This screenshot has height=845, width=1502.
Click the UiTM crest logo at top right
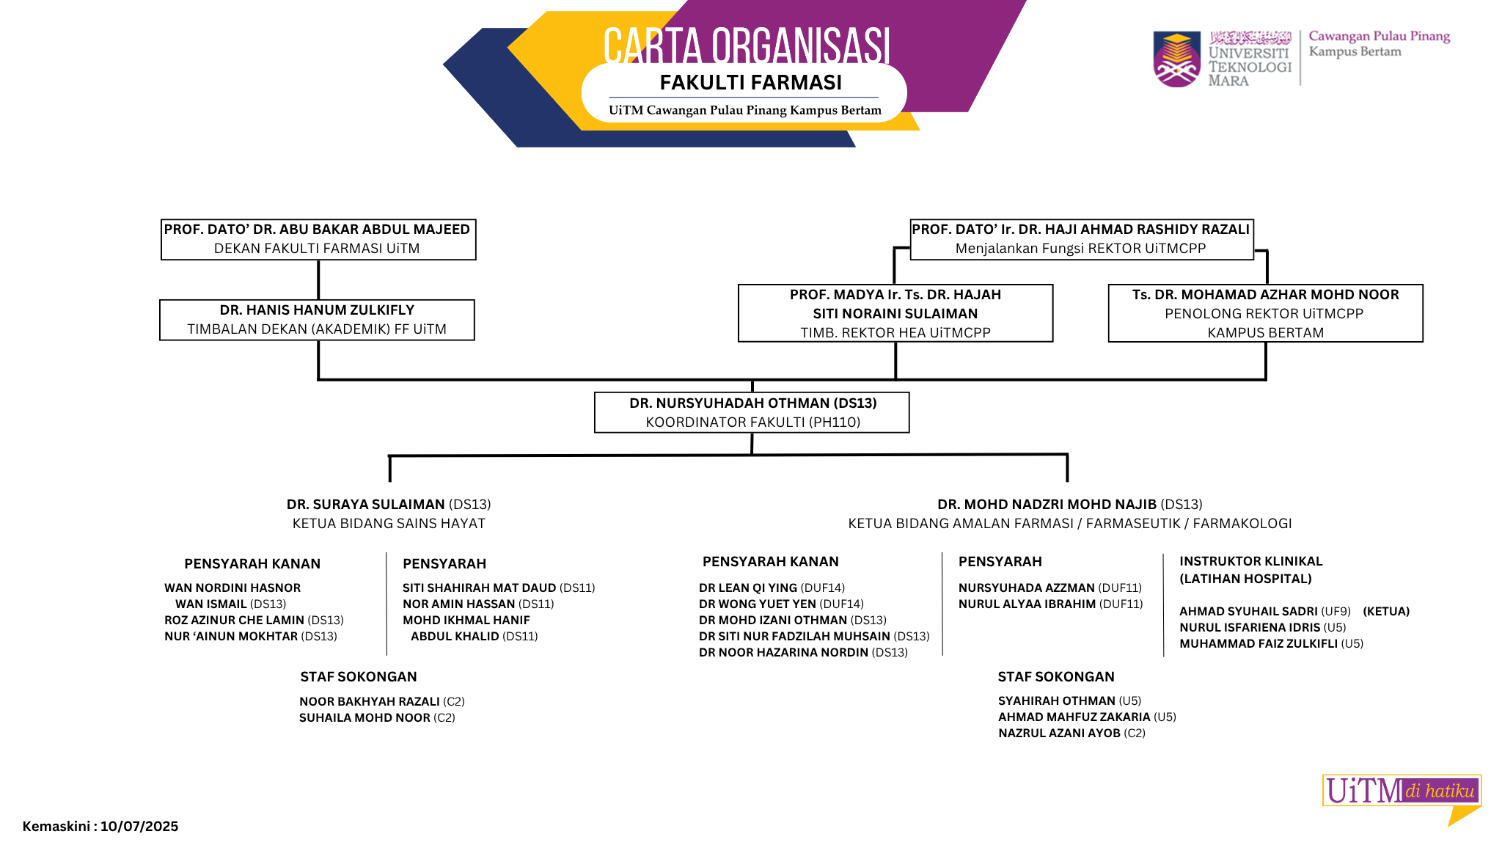click(x=1176, y=59)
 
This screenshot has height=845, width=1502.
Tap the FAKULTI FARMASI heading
click(x=750, y=83)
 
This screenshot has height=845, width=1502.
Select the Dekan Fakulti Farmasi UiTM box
click(x=318, y=239)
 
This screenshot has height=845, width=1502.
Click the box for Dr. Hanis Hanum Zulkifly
click(x=317, y=320)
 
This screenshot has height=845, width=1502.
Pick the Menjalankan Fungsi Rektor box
click(x=1081, y=239)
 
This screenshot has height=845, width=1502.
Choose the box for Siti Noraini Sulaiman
click(x=895, y=313)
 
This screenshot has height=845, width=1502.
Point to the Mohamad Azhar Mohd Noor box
click(x=1265, y=313)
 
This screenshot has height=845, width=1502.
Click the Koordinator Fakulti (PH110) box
click(x=752, y=412)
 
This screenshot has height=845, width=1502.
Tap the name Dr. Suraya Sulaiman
click(x=366, y=505)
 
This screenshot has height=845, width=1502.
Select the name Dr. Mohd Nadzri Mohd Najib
click(x=1047, y=505)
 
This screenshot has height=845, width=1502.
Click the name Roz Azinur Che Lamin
click(x=234, y=621)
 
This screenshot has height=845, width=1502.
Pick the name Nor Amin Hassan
click(x=459, y=604)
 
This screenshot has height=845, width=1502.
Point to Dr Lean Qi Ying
click(x=748, y=588)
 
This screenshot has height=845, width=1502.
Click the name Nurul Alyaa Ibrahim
click(x=1027, y=604)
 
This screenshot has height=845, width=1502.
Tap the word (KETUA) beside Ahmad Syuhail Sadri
click(x=1386, y=612)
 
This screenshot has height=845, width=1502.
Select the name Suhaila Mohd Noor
click(x=364, y=718)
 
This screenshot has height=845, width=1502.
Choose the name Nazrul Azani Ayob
click(x=1059, y=734)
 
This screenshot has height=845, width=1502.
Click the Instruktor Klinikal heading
click(x=1250, y=570)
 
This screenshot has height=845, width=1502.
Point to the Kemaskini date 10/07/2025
click(x=139, y=827)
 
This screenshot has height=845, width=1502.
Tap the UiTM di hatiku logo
click(x=1402, y=791)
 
